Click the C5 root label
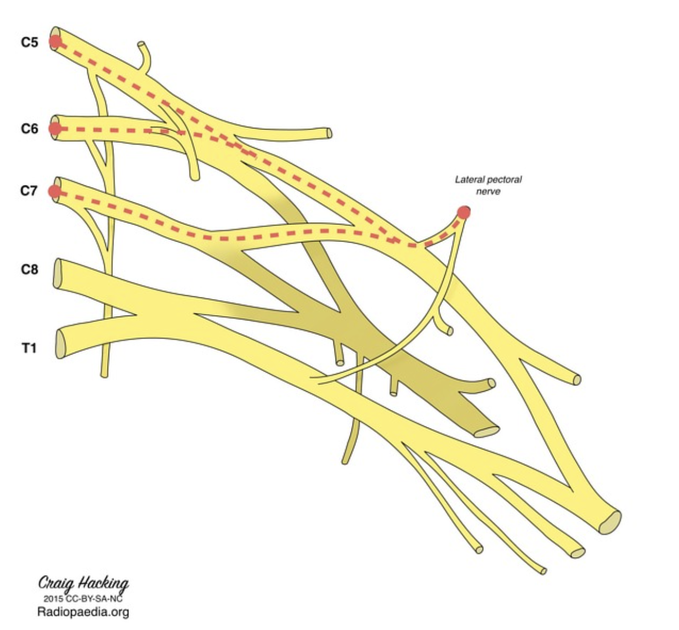[30, 42]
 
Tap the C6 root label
[30, 128]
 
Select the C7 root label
[29, 190]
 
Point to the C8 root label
[30, 269]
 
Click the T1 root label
[29, 347]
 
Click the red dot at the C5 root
[55, 42]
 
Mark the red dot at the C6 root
[55, 128]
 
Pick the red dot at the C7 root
[54, 191]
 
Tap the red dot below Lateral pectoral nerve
[463, 212]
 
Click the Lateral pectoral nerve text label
[488, 185]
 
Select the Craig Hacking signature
[83, 583]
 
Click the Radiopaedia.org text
[83, 611]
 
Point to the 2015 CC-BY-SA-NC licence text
[83, 598]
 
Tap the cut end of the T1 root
[60, 345]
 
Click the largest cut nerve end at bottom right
[609, 522]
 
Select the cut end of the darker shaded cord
[486, 432]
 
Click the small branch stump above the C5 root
[142, 44]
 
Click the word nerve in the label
[488, 191]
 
